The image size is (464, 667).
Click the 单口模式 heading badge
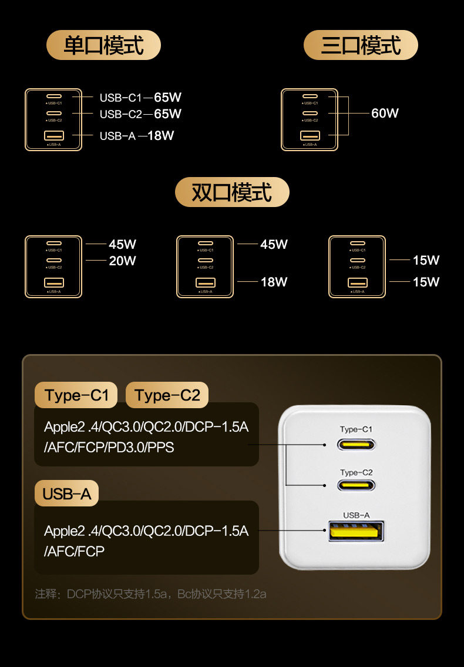click(103, 45)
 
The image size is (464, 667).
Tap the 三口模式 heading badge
click(361, 45)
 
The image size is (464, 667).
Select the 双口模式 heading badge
click(232, 192)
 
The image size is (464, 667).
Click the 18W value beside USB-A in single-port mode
click(161, 136)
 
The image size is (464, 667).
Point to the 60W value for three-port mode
click(385, 114)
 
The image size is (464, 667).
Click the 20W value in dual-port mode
click(122, 261)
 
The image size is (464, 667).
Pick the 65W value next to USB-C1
click(167, 98)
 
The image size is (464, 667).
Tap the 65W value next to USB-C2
click(167, 114)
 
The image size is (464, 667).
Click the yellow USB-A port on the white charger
click(355, 531)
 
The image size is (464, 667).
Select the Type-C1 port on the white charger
click(356, 444)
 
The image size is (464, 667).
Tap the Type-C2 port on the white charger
click(356, 486)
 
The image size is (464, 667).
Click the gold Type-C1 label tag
click(76, 395)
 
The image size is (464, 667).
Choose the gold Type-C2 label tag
click(167, 395)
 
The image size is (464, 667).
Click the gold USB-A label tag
click(67, 494)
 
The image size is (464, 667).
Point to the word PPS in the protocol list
click(162, 448)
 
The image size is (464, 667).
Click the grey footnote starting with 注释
click(150, 594)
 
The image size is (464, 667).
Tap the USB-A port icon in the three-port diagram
click(310, 135)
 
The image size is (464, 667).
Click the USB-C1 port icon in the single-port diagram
click(53, 96)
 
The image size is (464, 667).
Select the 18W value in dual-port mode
click(274, 282)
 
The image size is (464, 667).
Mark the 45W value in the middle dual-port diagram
click(274, 244)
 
